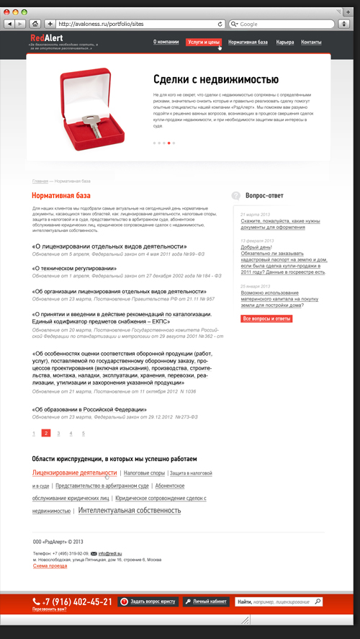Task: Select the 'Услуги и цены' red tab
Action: (203, 43)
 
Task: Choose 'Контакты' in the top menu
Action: (311, 43)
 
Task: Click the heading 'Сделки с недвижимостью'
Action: (215, 79)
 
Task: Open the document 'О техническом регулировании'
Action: (74, 268)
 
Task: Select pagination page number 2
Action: (46, 433)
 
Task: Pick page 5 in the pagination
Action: (84, 434)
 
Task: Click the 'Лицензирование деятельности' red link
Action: (74, 473)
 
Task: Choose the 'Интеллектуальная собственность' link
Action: (130, 510)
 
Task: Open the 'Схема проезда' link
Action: (50, 566)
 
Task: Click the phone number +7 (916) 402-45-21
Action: (77, 601)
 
